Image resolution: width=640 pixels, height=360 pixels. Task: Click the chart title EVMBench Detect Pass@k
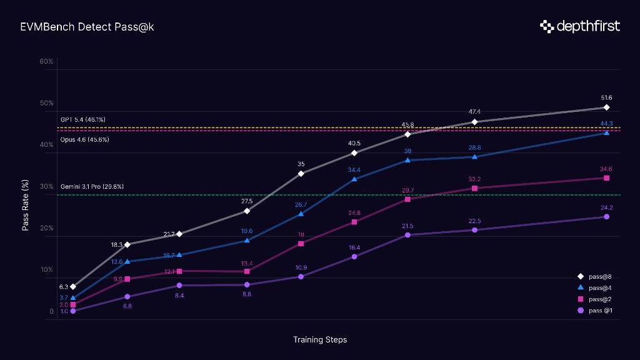click(87, 27)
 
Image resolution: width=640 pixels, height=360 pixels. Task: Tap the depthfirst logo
click(580, 26)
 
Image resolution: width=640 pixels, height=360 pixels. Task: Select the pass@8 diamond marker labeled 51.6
click(606, 107)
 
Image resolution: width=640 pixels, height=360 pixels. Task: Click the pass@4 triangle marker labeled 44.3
click(606, 132)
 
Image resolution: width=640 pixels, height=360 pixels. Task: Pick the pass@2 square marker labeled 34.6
click(606, 178)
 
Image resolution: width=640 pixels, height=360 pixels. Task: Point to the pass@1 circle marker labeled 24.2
click(606, 217)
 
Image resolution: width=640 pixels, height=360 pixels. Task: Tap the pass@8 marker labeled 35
click(301, 173)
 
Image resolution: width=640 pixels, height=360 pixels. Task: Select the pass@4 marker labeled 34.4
click(354, 179)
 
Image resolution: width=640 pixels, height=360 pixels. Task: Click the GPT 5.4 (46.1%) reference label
click(82, 119)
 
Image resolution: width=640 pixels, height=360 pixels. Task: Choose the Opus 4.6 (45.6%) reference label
click(84, 139)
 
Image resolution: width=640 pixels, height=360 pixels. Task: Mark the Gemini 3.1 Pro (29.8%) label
click(92, 186)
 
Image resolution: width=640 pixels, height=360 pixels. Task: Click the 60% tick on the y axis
click(46, 61)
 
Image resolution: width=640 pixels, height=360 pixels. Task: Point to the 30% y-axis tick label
click(46, 186)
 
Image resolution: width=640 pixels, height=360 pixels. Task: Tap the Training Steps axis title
click(319, 340)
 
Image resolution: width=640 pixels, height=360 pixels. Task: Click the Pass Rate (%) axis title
click(26, 206)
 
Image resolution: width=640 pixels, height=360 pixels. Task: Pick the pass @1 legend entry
click(595, 311)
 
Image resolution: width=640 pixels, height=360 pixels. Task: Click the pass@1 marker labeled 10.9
click(301, 276)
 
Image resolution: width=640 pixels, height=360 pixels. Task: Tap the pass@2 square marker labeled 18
click(301, 244)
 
